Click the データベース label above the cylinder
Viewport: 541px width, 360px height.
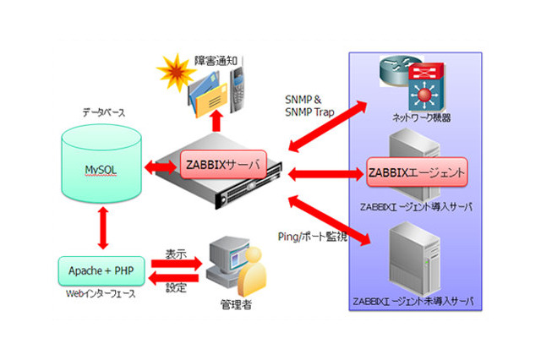105,111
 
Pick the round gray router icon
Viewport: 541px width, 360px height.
395,68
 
